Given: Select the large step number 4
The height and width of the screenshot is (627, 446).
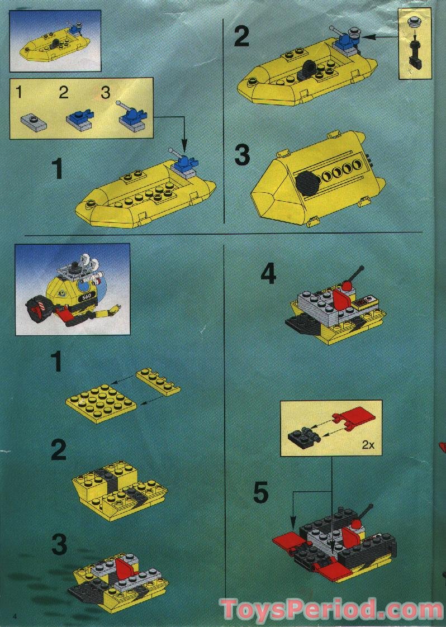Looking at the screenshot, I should tap(268, 273).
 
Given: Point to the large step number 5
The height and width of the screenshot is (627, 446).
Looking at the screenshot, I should tap(260, 492).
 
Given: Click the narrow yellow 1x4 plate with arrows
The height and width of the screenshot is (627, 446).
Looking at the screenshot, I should tap(158, 382).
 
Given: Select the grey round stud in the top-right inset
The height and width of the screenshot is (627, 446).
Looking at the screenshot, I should tap(415, 22).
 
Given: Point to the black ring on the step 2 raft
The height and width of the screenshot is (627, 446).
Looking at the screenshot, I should tap(309, 69).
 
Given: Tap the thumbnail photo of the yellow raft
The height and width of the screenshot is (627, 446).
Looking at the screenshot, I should tap(55, 40).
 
